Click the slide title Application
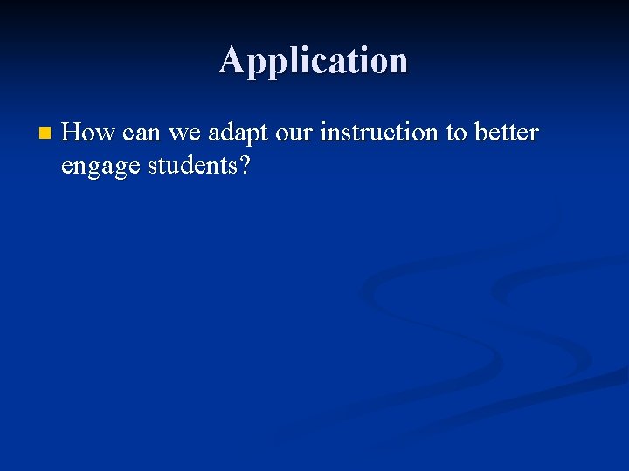click(x=313, y=61)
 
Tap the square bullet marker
click(x=45, y=134)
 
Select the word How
click(x=89, y=133)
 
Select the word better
click(x=507, y=133)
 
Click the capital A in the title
click(x=232, y=60)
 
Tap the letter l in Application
click(x=285, y=60)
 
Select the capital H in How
click(x=73, y=133)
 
